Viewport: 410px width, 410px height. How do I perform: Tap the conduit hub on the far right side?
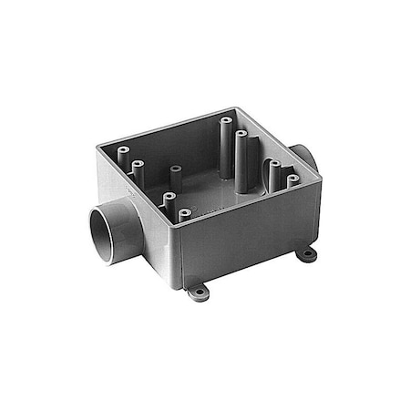click(305, 156)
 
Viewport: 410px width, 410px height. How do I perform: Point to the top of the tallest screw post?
click(224, 121)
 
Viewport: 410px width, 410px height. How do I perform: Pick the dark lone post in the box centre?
click(175, 170)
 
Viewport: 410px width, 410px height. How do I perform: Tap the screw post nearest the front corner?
click(185, 214)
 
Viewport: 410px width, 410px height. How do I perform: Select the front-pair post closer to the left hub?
click(168, 197)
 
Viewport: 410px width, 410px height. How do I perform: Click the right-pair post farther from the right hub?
click(273, 165)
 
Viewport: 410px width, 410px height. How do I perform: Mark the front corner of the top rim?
click(179, 229)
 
